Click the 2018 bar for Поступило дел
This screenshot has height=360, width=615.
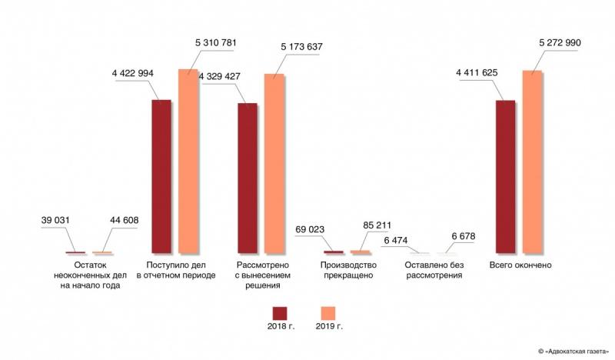click(x=161, y=176)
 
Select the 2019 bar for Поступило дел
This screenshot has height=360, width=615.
click(x=188, y=162)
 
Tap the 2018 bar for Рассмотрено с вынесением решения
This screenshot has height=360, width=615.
click(x=248, y=178)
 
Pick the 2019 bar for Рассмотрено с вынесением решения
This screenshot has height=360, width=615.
click(x=274, y=164)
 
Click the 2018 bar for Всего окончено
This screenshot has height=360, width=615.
click(x=505, y=176)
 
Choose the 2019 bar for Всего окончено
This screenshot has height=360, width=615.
click(x=532, y=162)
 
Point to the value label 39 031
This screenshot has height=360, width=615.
click(x=55, y=221)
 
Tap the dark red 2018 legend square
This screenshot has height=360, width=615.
click(x=280, y=312)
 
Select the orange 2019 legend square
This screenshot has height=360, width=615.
click(x=328, y=312)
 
